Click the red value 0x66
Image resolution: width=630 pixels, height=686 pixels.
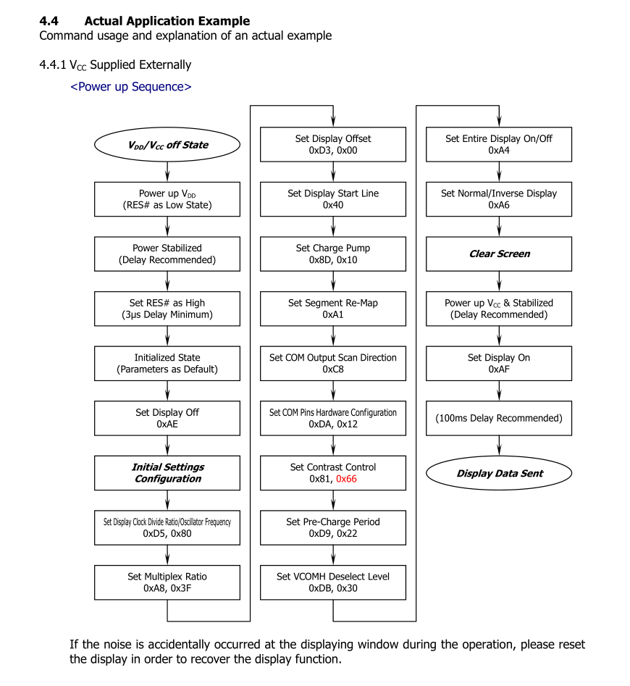[x=346, y=479]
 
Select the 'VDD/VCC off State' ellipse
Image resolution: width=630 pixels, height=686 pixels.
[x=167, y=145]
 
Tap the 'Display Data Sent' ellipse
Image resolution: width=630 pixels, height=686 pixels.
[x=499, y=473]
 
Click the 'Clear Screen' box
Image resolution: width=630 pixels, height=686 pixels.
[x=499, y=254]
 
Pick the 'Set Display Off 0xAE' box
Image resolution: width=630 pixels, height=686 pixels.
[x=167, y=418]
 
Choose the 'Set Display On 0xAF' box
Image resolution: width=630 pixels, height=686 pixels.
[x=499, y=364]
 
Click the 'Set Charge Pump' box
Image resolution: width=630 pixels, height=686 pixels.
[x=333, y=254]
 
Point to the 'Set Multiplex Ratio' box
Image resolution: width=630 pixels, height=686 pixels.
[x=167, y=582]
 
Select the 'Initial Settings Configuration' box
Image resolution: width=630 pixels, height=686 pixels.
[x=167, y=473]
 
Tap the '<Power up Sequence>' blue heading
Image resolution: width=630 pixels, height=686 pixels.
[x=131, y=87]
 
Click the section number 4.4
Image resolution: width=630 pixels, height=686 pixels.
[x=49, y=21]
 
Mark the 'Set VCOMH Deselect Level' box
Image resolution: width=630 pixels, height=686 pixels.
[x=333, y=582]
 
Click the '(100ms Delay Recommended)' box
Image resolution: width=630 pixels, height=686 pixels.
[x=499, y=418]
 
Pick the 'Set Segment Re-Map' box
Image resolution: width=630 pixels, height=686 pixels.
[x=333, y=309]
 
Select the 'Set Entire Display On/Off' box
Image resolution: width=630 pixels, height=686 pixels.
[x=499, y=144]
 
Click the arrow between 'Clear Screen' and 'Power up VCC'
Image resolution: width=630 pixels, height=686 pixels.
[x=499, y=281]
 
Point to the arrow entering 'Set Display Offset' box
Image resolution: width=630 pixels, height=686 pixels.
[x=333, y=116]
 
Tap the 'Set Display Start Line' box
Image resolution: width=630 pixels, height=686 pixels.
[x=333, y=199]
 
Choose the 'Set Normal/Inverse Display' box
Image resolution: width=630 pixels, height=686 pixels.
[x=499, y=199]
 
